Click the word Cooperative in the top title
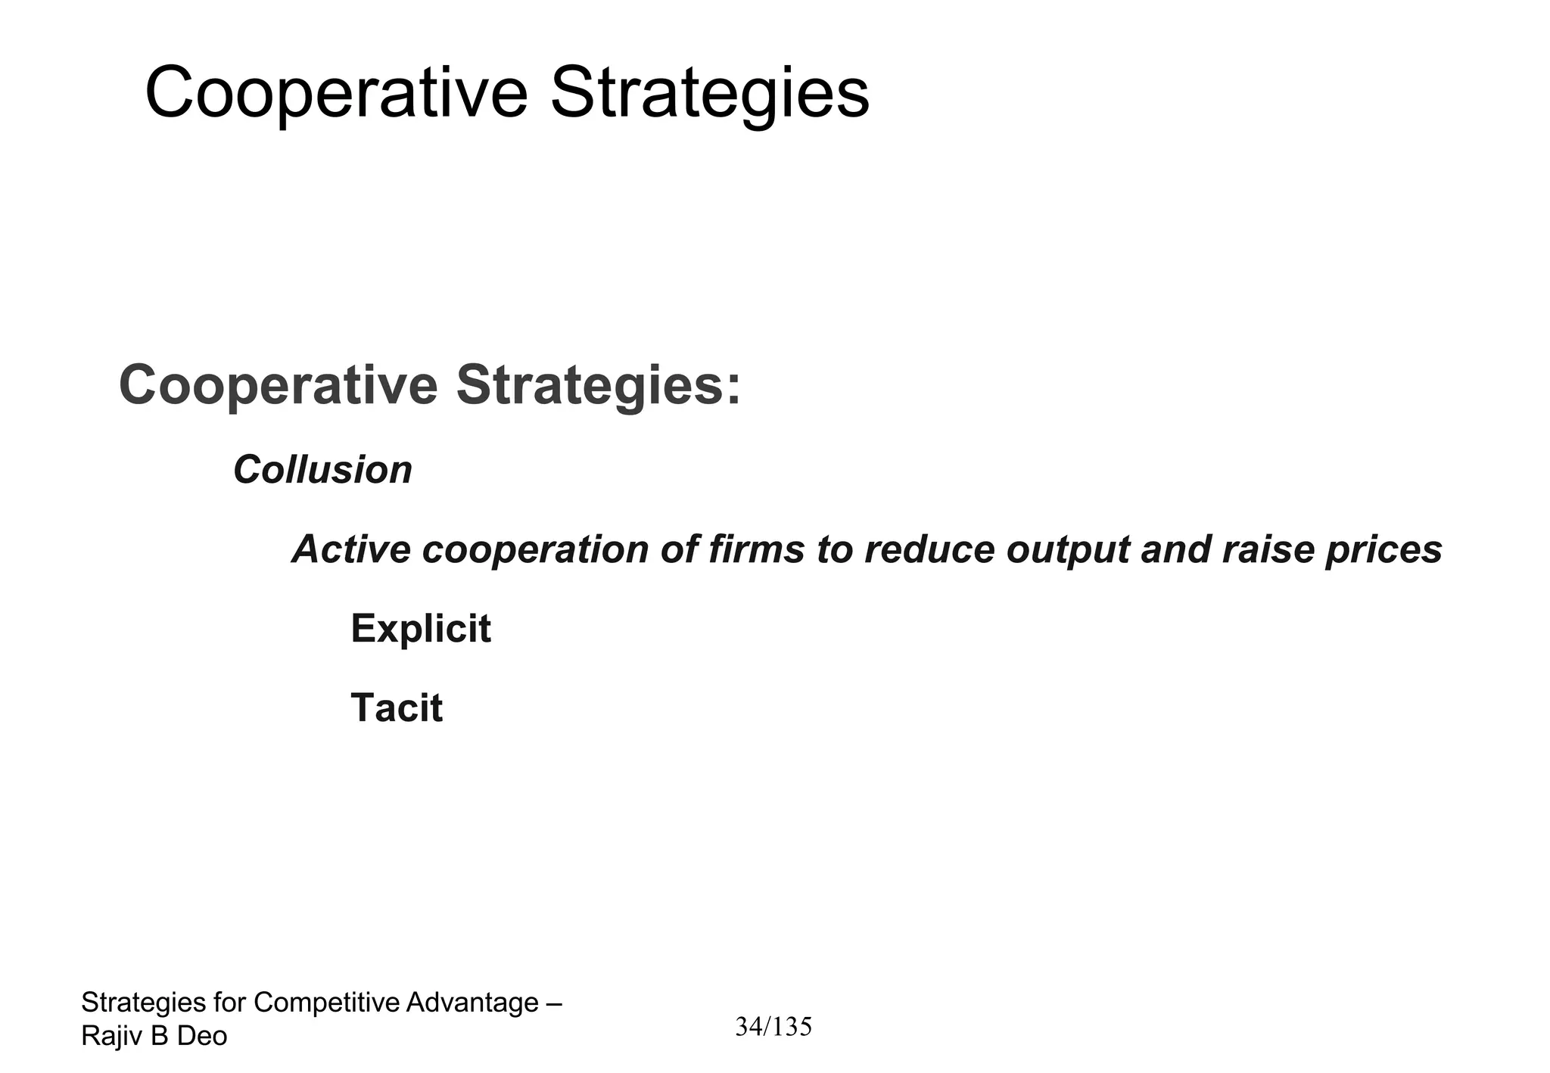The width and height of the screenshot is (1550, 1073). tap(335, 94)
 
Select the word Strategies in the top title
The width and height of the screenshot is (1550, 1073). tap(709, 94)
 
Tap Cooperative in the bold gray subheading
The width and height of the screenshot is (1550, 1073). tap(278, 385)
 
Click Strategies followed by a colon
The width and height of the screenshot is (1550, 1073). tap(598, 385)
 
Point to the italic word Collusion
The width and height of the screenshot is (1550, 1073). tap(322, 470)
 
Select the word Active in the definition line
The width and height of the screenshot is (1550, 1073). tap(351, 549)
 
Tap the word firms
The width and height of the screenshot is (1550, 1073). tap(756, 549)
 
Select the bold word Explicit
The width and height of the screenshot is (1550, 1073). tap(421, 629)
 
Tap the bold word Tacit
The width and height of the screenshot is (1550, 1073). tap(397, 708)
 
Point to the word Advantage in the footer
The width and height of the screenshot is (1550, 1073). tap(472, 1003)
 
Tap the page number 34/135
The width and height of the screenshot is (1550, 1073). tap(773, 1027)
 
